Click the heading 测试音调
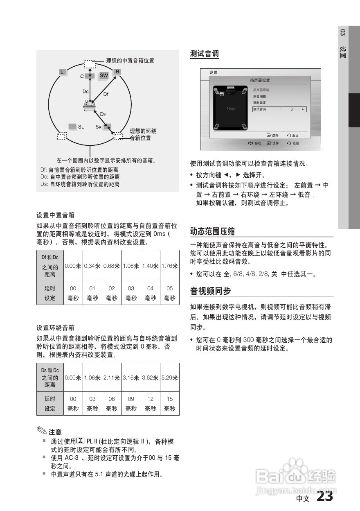pos(205,54)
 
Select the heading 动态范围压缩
pos(212,231)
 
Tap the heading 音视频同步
pos(210,291)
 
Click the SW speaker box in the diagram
pos(104,75)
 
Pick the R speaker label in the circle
pos(117,72)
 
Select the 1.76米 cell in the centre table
pos(169,266)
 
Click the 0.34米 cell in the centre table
pos(92,266)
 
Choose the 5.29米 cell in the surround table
pos(169,378)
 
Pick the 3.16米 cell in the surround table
pos(131,378)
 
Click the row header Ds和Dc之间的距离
pos(50,378)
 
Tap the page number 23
pos(325,497)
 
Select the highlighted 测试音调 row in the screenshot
pos(279,109)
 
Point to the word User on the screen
pos(232,109)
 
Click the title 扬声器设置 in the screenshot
pos(260,80)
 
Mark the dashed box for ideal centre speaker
pos(89,64)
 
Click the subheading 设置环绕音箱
pos(56,328)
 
